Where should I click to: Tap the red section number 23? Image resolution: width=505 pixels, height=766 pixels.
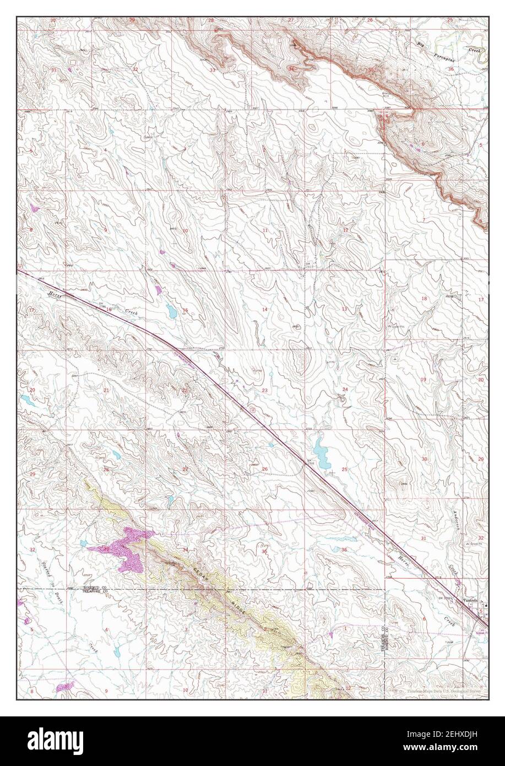265,390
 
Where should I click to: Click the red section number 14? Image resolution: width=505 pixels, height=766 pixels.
264,310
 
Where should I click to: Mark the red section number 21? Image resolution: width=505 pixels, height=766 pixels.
106,390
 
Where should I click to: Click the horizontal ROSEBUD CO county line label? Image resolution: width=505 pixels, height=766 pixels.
95,587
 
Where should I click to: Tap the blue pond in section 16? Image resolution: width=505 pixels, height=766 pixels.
172,312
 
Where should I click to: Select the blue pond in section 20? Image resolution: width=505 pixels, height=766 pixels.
25,397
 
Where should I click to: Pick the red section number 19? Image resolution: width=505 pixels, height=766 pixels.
423,380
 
